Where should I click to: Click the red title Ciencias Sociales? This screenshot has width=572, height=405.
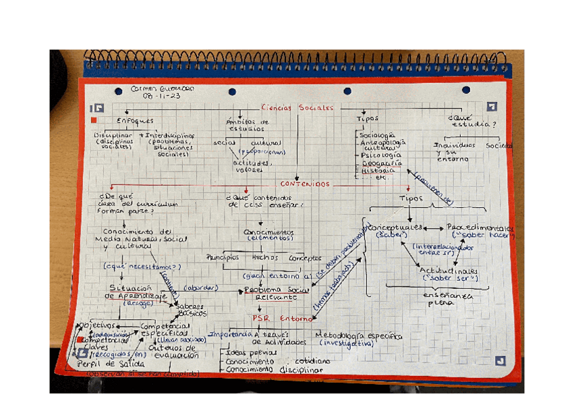297,107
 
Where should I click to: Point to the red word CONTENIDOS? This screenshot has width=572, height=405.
305,184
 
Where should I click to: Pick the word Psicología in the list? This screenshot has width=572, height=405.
381,155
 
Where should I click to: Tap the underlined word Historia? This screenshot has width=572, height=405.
378,171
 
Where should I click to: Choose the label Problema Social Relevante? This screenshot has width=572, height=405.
275,293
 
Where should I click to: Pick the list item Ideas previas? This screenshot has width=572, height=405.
250,352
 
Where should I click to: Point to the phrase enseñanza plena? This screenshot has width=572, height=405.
447,299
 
